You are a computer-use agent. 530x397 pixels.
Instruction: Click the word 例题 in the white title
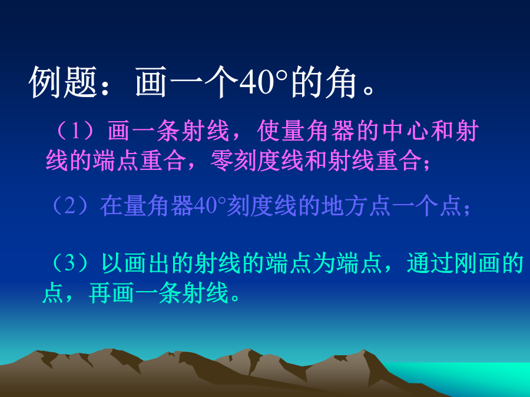pos(63,82)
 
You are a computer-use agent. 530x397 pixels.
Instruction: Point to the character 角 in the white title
pos(341,82)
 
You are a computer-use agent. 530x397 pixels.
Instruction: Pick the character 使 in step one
pos(269,131)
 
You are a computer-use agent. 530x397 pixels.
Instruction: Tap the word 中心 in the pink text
pos(406,131)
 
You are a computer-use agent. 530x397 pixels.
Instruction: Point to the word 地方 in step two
pos(344,206)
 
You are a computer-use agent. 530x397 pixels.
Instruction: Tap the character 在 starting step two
pos(111,206)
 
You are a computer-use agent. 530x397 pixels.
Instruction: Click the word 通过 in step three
pos(430,263)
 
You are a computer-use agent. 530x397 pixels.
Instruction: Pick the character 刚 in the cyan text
pos(465,263)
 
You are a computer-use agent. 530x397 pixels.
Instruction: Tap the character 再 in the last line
pos(100,292)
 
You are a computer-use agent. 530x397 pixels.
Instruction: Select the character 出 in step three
pos(159,263)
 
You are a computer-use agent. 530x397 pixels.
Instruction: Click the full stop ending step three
pos(235,298)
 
